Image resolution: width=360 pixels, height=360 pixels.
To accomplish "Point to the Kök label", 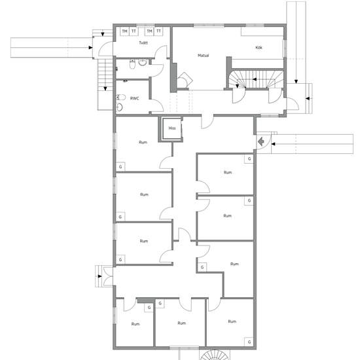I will pos(260,47).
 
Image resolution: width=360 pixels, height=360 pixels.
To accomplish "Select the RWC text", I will pos(135,98).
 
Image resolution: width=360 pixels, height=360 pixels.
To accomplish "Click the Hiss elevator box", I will pos(172,128).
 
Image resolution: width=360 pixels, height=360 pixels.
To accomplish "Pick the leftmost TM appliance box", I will pos(124,31).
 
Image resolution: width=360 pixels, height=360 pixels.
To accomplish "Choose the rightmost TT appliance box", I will pos(158,31).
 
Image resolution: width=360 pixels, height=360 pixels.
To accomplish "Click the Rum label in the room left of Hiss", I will pos(143,142).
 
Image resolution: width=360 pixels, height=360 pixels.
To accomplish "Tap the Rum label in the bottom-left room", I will pos(135,324).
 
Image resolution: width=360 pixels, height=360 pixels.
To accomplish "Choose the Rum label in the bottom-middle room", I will pos(181,323).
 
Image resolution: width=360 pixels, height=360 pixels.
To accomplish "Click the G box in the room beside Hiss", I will pos(120,167).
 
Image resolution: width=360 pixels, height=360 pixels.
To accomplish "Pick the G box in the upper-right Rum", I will pos(248,159).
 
